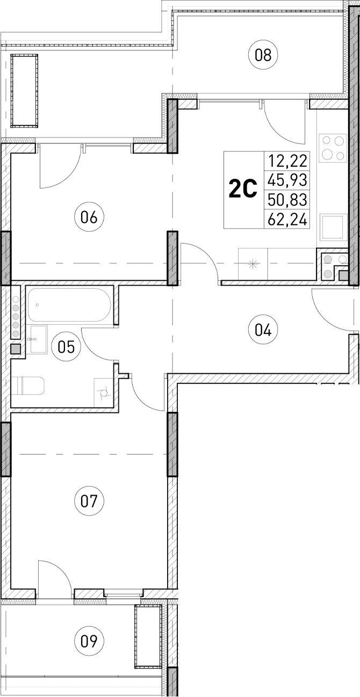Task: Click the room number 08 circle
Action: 263,55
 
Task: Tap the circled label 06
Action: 89,217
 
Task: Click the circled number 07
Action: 89,502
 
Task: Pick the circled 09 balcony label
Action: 89,640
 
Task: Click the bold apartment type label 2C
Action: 243,190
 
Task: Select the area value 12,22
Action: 287,161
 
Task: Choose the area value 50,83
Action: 287,200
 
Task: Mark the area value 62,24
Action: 287,219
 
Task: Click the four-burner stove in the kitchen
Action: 332,148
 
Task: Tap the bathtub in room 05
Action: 69,306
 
